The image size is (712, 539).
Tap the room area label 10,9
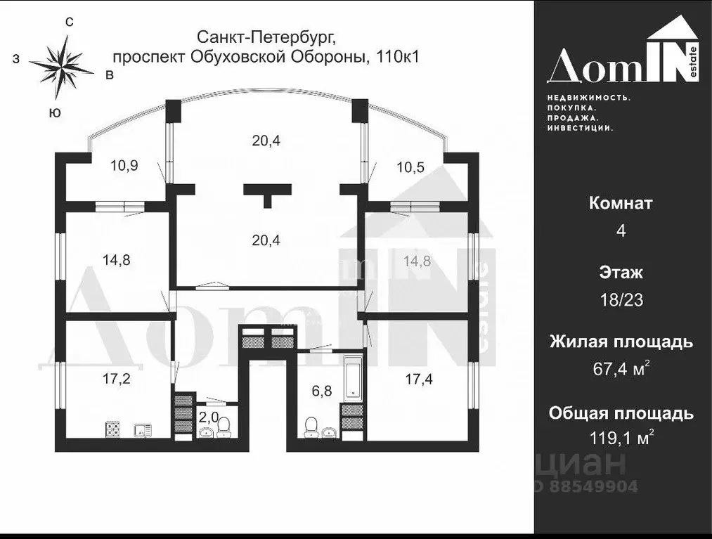pos(124,166)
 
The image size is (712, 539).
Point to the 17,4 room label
pos(419,379)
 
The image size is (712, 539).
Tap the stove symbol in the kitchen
pos(113,428)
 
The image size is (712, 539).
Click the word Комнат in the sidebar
pos(621,204)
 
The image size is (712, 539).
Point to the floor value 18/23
pos(621,300)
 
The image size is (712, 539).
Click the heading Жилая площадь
pos(621,342)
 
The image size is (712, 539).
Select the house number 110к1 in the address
pos(398,57)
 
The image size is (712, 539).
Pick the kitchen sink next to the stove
pos(143,428)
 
